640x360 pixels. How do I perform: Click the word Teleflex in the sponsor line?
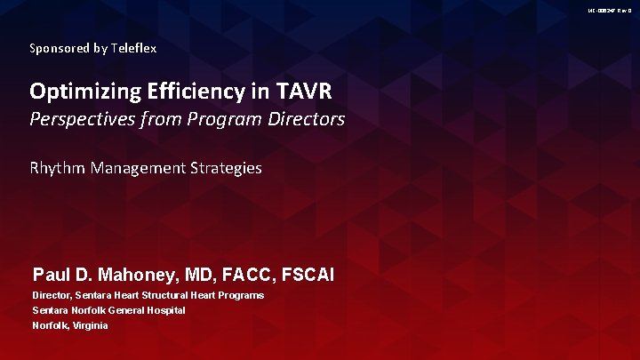[x=134, y=49]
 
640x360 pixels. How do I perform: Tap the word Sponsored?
[x=60, y=49]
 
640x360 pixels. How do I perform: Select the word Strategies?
[x=227, y=167]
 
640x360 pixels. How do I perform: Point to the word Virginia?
[x=88, y=325]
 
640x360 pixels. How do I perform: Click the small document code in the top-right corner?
[x=610, y=9]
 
